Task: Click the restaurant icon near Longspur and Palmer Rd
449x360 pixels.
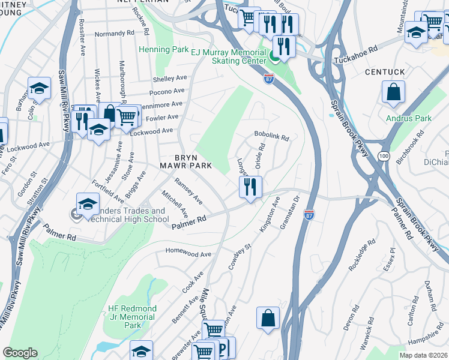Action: pos(251,187)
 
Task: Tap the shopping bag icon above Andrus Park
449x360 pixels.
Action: pos(393,92)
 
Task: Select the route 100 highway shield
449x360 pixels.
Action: pos(382,156)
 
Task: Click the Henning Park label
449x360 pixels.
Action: pos(164,49)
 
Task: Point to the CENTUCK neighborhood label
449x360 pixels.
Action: pos(385,72)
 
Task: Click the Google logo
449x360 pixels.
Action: pos(20,353)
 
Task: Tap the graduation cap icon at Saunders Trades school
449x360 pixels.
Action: pos(88,205)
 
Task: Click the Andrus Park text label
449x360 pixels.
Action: pos(409,118)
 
